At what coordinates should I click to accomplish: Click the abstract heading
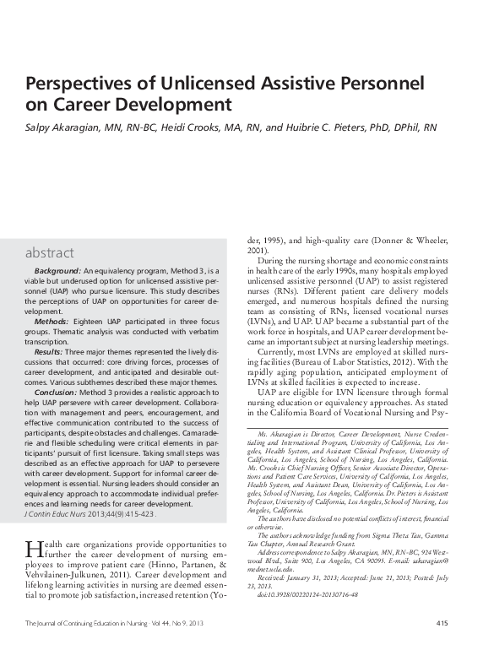[49, 252]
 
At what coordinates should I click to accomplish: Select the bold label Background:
[57, 269]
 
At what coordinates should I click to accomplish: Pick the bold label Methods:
[52, 322]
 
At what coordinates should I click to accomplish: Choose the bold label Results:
[52, 349]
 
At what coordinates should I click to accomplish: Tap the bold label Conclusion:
[57, 393]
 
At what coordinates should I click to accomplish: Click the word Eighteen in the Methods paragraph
[95, 322]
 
